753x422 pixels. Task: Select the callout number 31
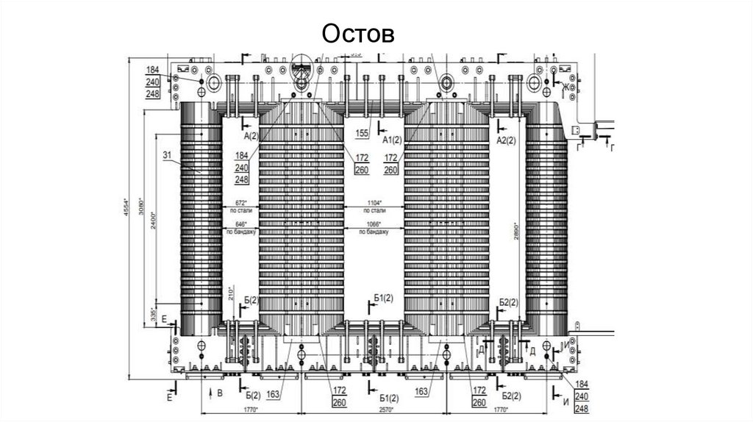(x=166, y=154)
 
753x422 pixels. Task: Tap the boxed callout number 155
(x=361, y=133)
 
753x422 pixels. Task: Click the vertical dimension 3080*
(x=140, y=211)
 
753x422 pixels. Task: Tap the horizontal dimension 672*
(x=240, y=202)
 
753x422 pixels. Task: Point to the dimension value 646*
(x=240, y=223)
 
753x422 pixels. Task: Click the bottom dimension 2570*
(x=376, y=410)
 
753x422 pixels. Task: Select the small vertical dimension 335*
(x=153, y=314)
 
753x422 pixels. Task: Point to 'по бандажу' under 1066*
(x=374, y=232)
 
